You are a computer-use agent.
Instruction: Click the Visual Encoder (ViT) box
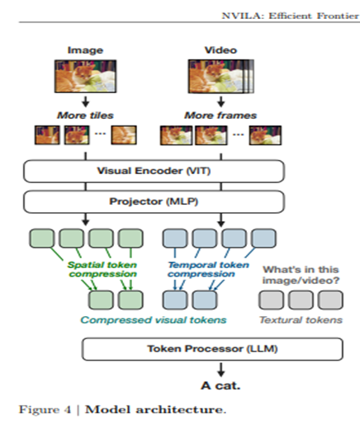[x=154, y=171]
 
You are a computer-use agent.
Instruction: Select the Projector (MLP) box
[x=154, y=201]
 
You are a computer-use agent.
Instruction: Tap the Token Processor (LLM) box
[x=212, y=349]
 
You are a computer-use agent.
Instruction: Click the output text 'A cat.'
[x=220, y=385]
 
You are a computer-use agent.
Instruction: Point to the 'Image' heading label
[x=85, y=50]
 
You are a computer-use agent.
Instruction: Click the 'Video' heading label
[x=220, y=50]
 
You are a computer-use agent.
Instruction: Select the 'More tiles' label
[x=85, y=116]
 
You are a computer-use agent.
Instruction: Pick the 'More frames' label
[x=220, y=116]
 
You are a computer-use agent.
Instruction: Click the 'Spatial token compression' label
[x=102, y=269]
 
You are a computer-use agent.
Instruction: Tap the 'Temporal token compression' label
[x=208, y=269]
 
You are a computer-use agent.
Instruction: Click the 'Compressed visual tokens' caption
[x=154, y=320]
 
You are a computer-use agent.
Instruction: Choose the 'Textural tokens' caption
[x=301, y=320]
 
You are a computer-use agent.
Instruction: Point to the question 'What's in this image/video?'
[x=301, y=275]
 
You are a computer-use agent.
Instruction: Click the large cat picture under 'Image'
[x=85, y=76]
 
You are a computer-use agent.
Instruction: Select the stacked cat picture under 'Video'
[x=221, y=76]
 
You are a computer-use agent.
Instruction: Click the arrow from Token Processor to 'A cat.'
[x=220, y=370]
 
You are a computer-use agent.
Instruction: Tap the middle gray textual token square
[x=301, y=300]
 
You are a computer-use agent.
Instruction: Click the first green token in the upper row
[x=42, y=238]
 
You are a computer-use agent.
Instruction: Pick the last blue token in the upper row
[x=263, y=238]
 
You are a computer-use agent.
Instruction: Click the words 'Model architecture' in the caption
[x=154, y=409]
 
